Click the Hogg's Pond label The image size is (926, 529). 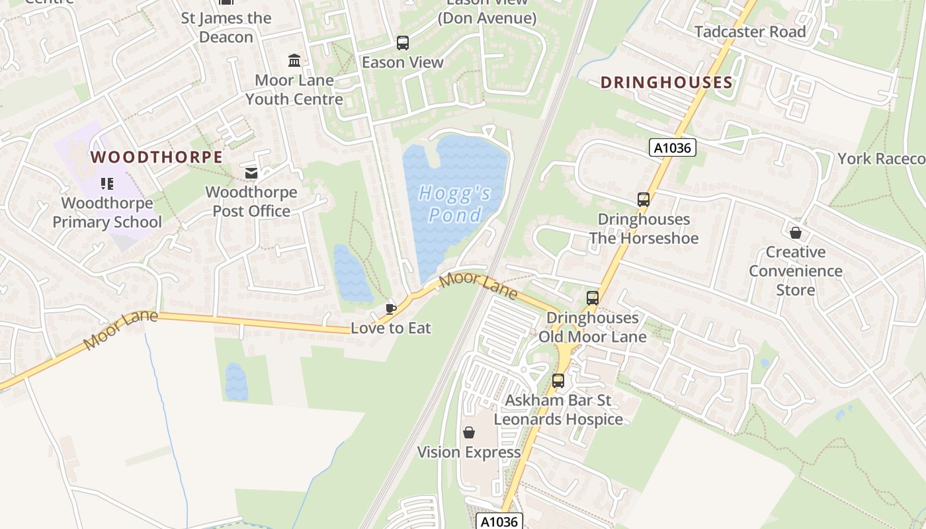(455, 204)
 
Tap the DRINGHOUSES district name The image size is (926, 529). (666, 83)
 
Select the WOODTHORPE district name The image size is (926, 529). (156, 157)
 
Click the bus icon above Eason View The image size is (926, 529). (402, 43)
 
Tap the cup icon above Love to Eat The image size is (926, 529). (390, 308)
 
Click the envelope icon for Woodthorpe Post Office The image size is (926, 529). (251, 173)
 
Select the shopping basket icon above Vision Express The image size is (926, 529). (469, 432)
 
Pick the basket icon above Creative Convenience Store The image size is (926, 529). (796, 233)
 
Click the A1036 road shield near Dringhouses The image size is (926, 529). (672, 147)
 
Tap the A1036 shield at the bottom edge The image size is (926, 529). (499, 521)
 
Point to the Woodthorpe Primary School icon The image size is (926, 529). (107, 183)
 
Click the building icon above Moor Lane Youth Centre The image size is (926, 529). (294, 61)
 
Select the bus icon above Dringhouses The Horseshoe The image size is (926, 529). (643, 199)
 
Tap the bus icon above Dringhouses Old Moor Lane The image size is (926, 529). (592, 298)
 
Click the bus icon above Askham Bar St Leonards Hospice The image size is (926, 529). (558, 381)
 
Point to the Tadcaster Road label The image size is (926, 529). (750, 32)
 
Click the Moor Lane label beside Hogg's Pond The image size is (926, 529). (478, 285)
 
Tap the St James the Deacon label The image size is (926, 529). (226, 28)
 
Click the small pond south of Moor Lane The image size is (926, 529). (236, 382)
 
